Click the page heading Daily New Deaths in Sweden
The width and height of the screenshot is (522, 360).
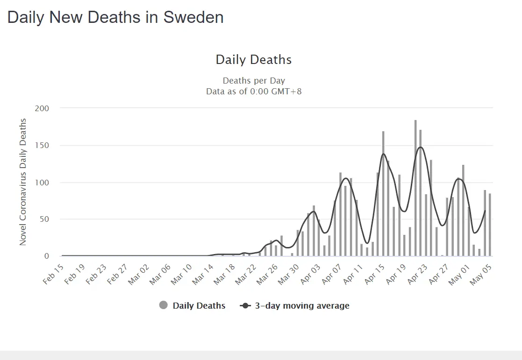(115, 18)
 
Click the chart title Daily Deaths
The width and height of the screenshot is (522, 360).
(253, 60)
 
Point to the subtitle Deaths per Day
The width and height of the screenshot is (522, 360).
(254, 81)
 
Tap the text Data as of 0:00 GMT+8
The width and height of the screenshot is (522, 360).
(254, 91)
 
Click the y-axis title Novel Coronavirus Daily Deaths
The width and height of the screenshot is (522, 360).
(23, 182)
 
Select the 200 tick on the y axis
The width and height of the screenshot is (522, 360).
(42, 108)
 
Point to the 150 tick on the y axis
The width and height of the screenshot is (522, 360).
(42, 145)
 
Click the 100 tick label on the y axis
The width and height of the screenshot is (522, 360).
(42, 182)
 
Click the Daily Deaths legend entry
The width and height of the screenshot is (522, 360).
(192, 306)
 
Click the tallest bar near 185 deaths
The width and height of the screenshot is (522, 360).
(415, 188)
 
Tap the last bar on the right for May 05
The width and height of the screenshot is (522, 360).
(490, 225)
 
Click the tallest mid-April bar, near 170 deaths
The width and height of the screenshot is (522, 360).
(383, 193)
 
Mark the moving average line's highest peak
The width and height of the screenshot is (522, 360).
(421, 147)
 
